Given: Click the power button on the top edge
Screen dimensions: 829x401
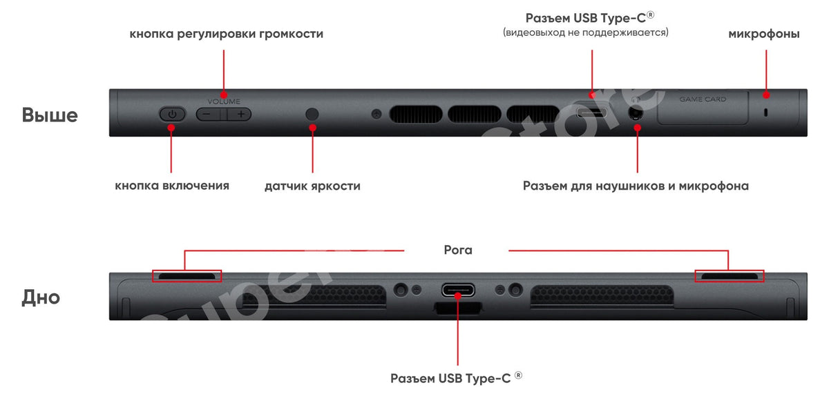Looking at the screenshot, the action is click(x=173, y=114).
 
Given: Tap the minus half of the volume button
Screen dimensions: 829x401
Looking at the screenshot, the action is click(x=208, y=114).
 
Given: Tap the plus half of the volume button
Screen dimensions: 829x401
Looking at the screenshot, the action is click(x=240, y=114).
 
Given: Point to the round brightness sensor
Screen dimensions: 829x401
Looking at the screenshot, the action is click(x=312, y=114).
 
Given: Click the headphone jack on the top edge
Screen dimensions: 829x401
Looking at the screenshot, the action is click(x=636, y=113).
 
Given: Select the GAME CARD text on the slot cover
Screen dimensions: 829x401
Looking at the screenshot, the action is click(x=703, y=99).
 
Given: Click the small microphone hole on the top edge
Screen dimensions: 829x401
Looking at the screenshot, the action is click(x=765, y=113).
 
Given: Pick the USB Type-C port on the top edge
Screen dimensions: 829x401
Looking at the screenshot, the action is click(x=591, y=112).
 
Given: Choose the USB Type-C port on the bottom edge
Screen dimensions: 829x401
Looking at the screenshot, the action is click(x=458, y=290).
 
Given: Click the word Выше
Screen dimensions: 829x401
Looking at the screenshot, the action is click(x=50, y=115).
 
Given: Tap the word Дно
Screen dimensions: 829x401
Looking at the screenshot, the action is click(x=41, y=297).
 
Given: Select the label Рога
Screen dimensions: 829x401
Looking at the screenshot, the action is click(x=458, y=251).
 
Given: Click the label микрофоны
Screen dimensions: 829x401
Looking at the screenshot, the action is click(x=764, y=34).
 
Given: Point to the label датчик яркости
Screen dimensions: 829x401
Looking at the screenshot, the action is click(x=312, y=186).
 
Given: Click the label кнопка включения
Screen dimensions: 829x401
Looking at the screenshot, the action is click(x=172, y=185).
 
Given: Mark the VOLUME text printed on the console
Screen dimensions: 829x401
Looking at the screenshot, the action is click(x=224, y=101).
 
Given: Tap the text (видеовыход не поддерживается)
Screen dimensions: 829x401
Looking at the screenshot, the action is click(x=586, y=32).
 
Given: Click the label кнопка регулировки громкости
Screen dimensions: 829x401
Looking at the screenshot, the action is click(x=226, y=34).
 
